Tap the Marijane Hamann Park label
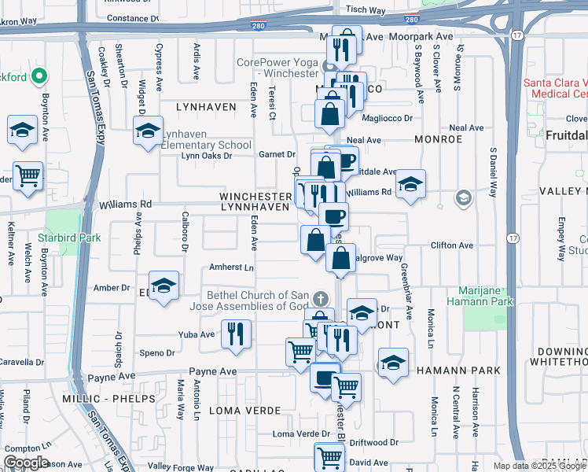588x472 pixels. pos(480,295)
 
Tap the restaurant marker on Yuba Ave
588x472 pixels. pos(236,334)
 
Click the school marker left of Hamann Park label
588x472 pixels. pos(393,362)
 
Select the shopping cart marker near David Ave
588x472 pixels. pos(329,456)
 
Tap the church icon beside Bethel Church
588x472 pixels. pos(319,299)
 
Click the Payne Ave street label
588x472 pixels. pos(107,378)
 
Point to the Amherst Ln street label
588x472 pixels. pos(231,267)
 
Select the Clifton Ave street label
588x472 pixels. pos(452,245)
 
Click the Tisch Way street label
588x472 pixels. pos(366,11)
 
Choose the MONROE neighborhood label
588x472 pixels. pos(437,139)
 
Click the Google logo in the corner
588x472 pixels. pos(26,463)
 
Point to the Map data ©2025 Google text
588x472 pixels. pos(539,466)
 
